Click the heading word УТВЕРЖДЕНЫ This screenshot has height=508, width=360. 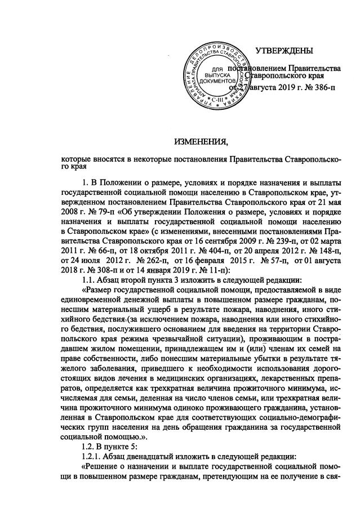[x=284, y=52]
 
